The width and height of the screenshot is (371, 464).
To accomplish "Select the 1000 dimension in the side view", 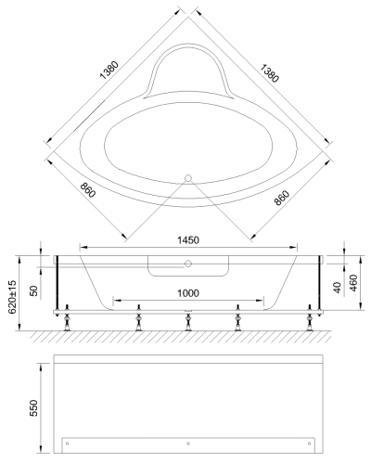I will [x=187, y=294].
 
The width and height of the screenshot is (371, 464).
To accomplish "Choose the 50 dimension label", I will [x=34, y=291].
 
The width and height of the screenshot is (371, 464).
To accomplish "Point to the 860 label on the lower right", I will [x=284, y=195].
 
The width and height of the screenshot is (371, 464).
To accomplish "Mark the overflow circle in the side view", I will [x=186, y=264].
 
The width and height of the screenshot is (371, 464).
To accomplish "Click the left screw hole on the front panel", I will [x=66, y=443].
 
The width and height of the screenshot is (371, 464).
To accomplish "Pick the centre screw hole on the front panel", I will [x=188, y=443].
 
